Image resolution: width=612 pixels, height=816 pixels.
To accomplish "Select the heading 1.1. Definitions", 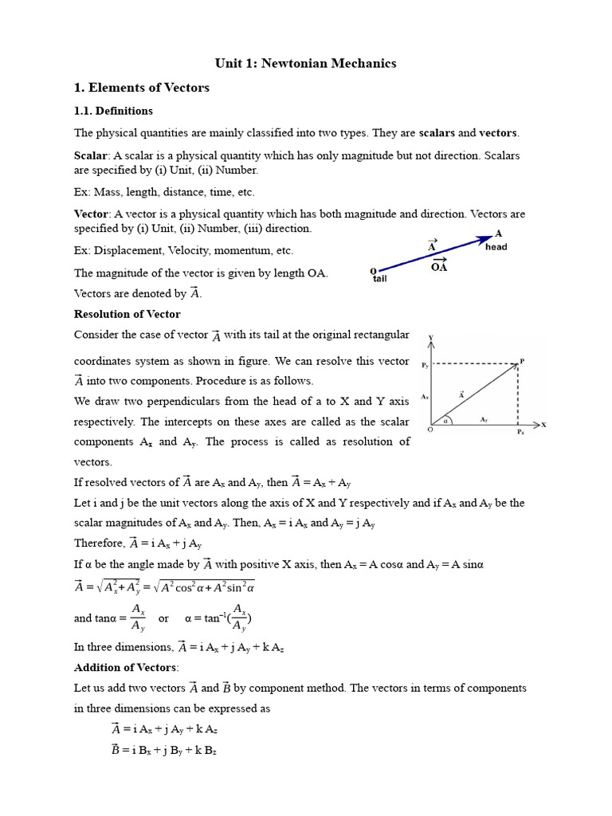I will [113, 111].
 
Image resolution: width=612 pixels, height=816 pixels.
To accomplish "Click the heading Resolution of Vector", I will [127, 314].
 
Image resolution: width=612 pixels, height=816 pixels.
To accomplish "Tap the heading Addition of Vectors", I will [126, 667].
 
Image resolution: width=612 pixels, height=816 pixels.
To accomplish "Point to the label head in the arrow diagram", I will [496, 247].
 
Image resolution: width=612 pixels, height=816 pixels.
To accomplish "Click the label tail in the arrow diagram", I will [379, 279].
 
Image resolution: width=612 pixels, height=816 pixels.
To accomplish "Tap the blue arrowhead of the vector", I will [485, 238].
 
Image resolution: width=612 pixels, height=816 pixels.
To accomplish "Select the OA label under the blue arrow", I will [439, 267].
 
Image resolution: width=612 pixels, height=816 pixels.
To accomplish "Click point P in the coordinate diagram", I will [522, 362].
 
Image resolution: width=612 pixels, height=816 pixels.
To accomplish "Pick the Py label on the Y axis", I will [425, 365].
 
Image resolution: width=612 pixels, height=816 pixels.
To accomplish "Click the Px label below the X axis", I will [520, 432].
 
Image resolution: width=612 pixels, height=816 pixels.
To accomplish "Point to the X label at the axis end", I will [544, 425].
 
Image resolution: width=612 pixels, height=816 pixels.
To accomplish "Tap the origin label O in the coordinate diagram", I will [430, 431].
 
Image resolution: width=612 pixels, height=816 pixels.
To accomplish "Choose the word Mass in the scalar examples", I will [107, 192].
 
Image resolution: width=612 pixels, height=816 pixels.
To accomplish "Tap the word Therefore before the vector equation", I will [99, 543].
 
